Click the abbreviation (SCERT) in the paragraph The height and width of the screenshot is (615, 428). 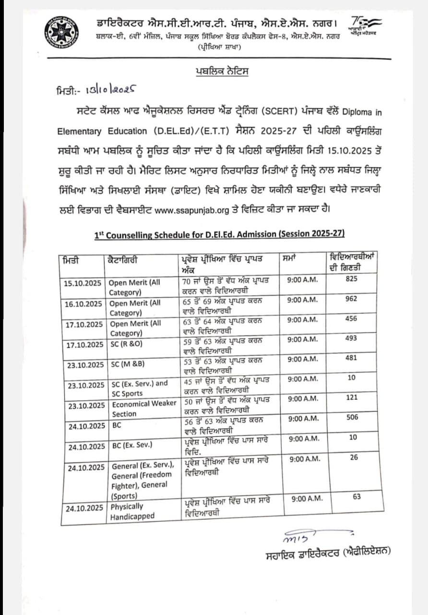tap(273, 111)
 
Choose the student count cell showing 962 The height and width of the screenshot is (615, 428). tap(351, 299)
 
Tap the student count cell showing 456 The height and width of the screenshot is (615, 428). tap(351, 319)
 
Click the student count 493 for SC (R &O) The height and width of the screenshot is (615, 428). tap(351, 339)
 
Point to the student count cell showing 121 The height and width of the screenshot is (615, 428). tap(352, 398)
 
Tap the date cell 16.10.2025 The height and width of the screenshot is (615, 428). tap(83, 304)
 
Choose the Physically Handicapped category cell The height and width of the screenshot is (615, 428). tap(132, 512)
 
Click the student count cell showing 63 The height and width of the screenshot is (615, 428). tap(357, 497)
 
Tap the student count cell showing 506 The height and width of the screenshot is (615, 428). tap(352, 418)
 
